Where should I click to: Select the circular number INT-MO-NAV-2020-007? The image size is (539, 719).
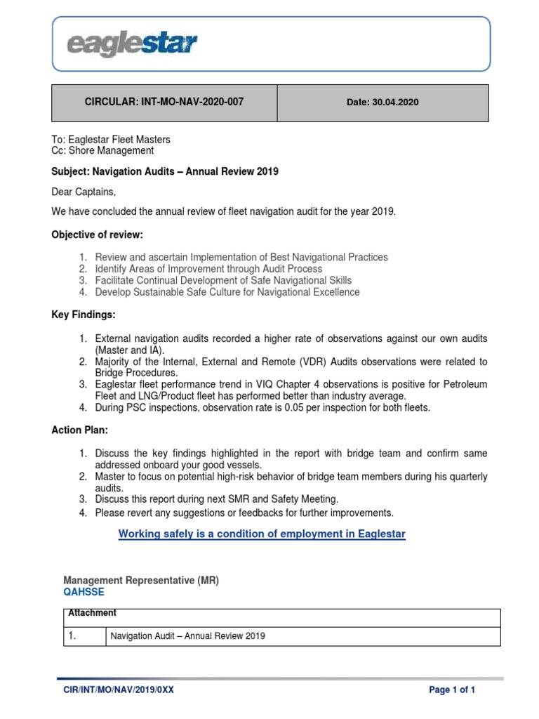(164, 102)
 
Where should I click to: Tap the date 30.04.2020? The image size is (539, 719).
(382, 103)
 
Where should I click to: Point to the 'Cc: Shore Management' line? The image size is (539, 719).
(102, 150)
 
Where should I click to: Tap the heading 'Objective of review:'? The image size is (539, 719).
(102, 234)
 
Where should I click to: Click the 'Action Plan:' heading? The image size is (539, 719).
(80, 430)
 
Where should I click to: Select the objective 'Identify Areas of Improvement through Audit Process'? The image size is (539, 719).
(208, 269)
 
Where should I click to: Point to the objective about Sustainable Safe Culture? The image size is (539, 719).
(227, 291)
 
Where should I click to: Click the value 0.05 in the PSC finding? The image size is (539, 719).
(296, 407)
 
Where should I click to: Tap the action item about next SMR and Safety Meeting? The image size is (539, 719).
(216, 499)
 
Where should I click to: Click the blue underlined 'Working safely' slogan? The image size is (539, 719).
(262, 534)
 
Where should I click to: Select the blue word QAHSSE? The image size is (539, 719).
(84, 592)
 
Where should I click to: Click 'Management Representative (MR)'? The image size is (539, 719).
(141, 581)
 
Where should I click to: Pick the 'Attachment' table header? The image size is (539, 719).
(92, 613)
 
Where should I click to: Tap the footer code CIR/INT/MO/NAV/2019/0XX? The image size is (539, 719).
(119, 690)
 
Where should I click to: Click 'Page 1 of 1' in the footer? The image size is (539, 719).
(452, 690)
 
